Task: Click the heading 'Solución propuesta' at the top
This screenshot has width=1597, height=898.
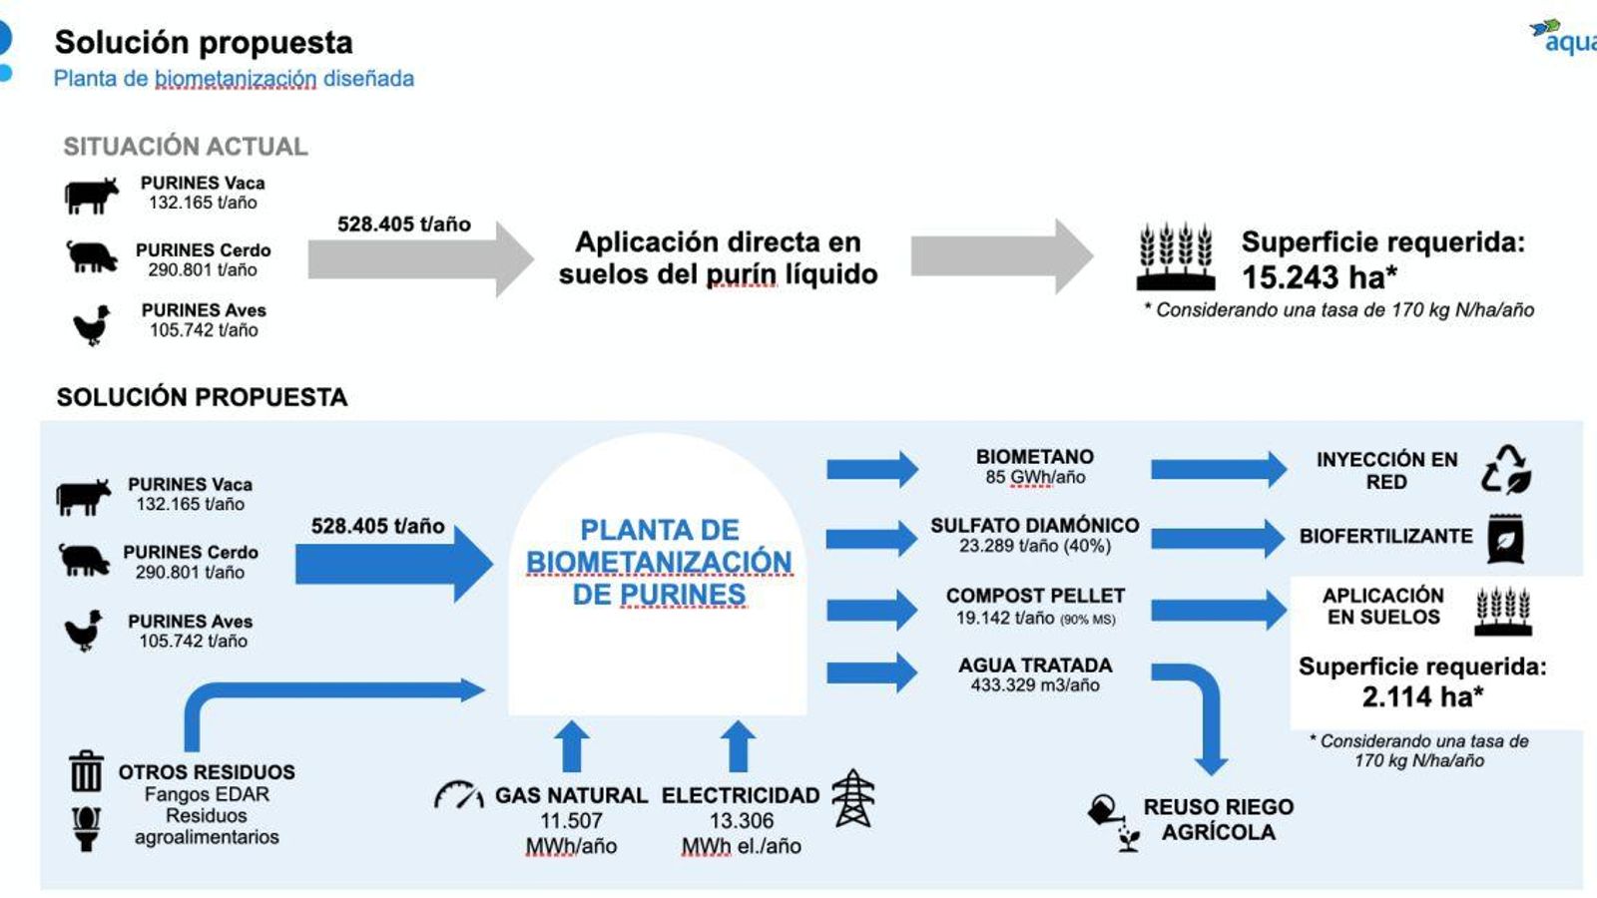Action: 204,42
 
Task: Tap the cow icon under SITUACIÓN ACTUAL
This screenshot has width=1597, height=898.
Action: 91,195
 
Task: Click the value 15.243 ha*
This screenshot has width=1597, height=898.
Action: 1319,276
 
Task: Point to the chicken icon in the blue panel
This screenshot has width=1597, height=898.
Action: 84,631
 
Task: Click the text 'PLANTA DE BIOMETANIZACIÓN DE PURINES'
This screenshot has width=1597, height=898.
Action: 659,562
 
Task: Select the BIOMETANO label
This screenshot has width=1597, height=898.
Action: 1035,456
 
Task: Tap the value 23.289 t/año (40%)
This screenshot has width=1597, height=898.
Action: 1035,546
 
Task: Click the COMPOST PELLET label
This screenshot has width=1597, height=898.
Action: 1035,596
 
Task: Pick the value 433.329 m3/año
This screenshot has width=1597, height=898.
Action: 1035,685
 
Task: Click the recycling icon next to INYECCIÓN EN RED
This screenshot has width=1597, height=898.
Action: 1506,469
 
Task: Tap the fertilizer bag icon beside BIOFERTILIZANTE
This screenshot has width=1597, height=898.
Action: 1505,539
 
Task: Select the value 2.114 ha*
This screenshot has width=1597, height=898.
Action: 1422,696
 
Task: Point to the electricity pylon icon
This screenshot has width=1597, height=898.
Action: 853,798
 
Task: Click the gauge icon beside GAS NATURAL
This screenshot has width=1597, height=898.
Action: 458,795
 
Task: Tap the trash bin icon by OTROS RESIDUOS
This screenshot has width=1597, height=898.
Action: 86,771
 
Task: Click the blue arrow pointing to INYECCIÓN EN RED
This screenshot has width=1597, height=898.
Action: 1218,469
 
